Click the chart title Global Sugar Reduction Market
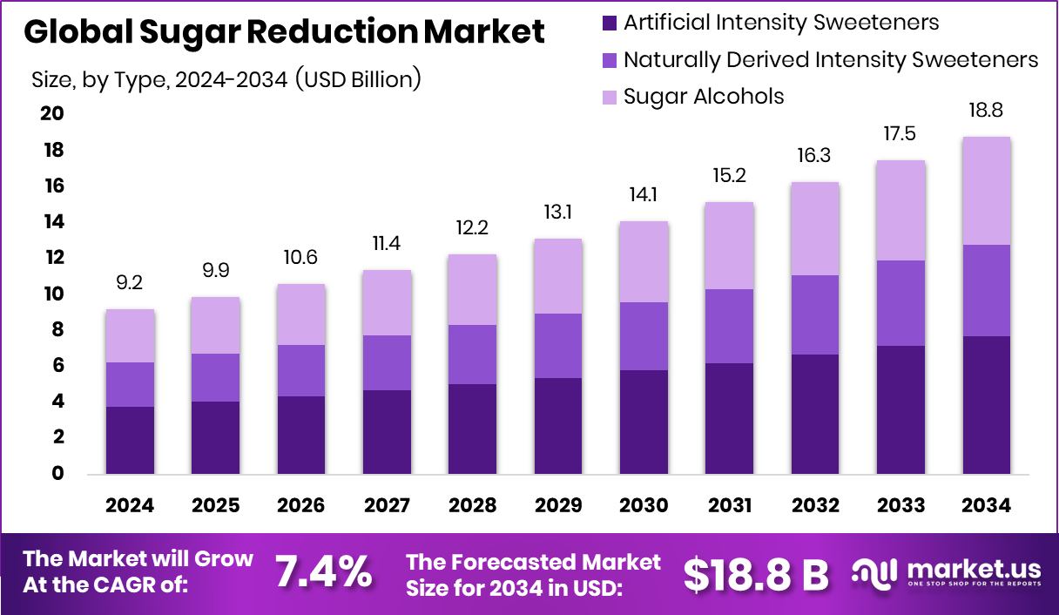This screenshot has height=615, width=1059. click(x=284, y=32)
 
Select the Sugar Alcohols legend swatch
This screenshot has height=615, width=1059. click(x=608, y=97)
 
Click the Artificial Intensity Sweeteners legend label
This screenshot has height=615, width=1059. click(x=781, y=22)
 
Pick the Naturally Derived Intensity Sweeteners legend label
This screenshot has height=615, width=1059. click(x=831, y=59)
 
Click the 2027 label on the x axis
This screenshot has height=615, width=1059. click(x=387, y=506)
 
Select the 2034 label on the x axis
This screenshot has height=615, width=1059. click(x=987, y=506)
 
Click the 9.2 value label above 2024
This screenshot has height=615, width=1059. click(x=130, y=282)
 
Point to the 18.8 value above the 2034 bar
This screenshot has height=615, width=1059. click(x=987, y=111)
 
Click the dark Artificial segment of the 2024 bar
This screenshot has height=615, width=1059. click(x=130, y=440)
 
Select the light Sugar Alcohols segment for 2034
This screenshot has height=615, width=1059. click(x=987, y=191)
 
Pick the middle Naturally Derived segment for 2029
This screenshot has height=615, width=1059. click(x=558, y=345)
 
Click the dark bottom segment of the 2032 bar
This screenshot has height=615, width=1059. click(x=815, y=414)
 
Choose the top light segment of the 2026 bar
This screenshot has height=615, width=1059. click(x=301, y=314)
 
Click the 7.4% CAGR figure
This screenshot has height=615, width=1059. click(x=323, y=572)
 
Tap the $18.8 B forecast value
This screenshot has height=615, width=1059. click(x=755, y=573)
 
